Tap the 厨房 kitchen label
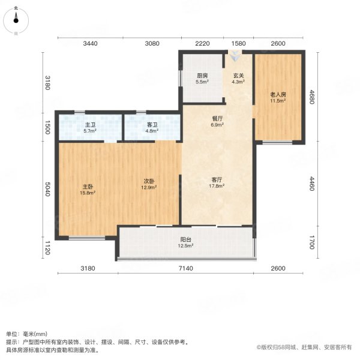(x=202, y=76)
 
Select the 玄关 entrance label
(x=238, y=76)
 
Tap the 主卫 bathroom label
(x=89, y=125)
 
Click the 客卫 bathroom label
(x=152, y=125)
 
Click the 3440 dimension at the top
(x=90, y=43)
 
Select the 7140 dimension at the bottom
(x=187, y=268)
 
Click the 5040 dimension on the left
(x=49, y=190)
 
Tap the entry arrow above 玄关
(x=235, y=58)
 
